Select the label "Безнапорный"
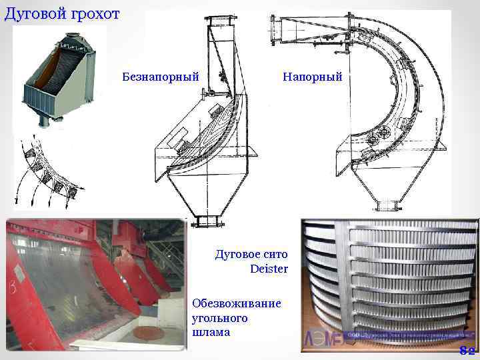pyautogui.click(x=161, y=77)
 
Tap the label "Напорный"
pyautogui.click(x=312, y=77)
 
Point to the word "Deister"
pyautogui.click(x=269, y=269)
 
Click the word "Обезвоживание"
pyautogui.click(x=236, y=303)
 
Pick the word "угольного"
pyautogui.click(x=219, y=318)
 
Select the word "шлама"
pyautogui.click(x=211, y=332)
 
